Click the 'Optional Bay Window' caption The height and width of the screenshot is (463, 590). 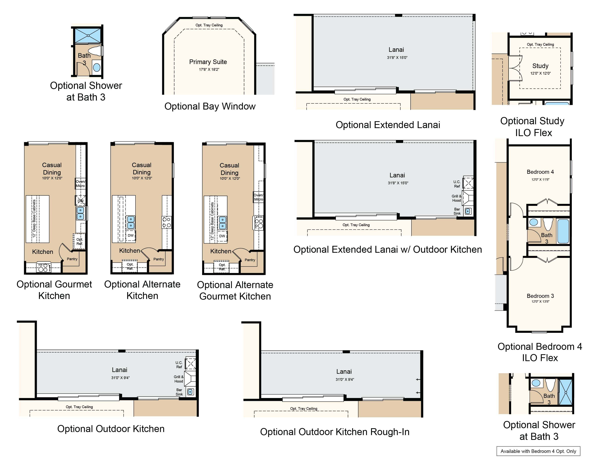pos(210,106)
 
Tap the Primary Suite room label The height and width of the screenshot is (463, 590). pos(208,62)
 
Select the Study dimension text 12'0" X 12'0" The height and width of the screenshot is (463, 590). pos(540,73)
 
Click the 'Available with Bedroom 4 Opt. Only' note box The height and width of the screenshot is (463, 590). pos(538,451)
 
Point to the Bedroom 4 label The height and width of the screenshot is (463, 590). pos(540,172)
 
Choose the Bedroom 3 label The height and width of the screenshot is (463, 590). pos(540,296)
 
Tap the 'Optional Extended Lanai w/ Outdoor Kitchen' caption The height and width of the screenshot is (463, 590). pos(388,249)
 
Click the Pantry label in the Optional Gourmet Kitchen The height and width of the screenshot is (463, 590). pos(72,259)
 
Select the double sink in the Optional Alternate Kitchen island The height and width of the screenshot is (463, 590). pos(131,222)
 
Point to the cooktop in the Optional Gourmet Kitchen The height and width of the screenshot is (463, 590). pos(43,268)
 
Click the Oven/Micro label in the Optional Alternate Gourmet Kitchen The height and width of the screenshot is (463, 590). pos(258,197)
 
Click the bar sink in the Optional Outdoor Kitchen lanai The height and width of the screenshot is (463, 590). pos(191,392)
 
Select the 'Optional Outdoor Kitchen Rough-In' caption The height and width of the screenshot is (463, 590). pos(335,432)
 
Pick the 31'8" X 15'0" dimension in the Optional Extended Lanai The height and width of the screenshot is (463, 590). pos(397,58)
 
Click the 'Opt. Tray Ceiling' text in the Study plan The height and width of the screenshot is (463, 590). pos(540,45)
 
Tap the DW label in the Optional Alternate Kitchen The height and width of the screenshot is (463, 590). pos(131,235)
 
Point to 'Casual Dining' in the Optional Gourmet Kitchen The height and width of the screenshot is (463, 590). pos(52,169)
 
